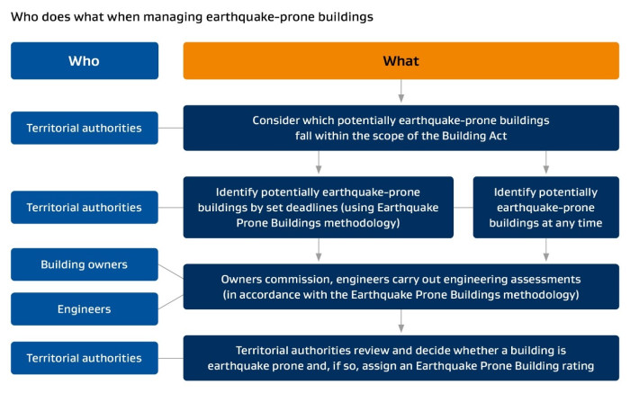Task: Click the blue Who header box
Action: click(85, 60)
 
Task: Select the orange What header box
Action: click(401, 60)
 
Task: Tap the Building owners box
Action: click(85, 264)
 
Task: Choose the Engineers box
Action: click(85, 308)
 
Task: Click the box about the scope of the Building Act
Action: click(401, 128)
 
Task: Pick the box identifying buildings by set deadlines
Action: click(319, 207)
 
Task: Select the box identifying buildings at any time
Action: click(546, 207)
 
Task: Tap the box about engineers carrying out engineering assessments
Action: click(401, 287)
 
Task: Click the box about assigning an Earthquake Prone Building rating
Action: click(401, 358)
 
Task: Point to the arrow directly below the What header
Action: click(401, 91)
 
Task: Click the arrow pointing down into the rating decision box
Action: click(401, 321)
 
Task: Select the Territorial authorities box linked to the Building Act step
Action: click(85, 128)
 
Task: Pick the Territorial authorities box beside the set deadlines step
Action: click(85, 207)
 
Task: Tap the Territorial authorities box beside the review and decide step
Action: click(85, 358)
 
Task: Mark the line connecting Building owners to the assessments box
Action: click(171, 272)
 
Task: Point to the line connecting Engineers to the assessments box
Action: click(171, 302)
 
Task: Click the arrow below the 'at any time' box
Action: click(546, 250)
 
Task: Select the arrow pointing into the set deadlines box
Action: click(319, 162)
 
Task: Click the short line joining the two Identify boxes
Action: click(463, 208)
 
